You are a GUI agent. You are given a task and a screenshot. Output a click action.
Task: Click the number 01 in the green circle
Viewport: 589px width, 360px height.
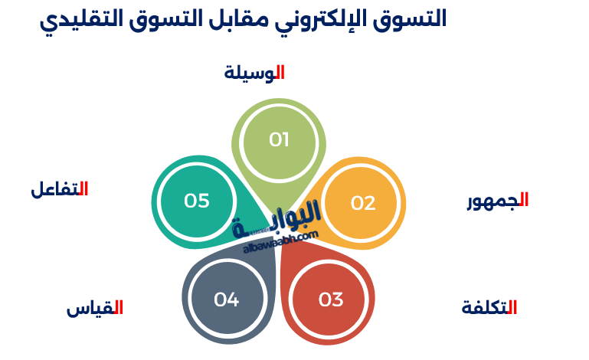[279, 140]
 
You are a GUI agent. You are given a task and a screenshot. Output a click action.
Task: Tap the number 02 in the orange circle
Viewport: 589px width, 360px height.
[363, 203]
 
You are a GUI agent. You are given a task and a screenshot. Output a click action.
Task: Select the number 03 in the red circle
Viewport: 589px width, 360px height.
[331, 299]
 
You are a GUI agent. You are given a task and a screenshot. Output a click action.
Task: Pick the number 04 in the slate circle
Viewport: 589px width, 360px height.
[226, 299]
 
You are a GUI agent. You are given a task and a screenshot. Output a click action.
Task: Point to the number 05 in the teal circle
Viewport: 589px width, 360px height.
[196, 201]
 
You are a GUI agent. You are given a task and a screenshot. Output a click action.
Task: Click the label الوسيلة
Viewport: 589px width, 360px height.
[254, 73]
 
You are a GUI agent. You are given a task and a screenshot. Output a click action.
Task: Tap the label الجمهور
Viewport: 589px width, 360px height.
[498, 200]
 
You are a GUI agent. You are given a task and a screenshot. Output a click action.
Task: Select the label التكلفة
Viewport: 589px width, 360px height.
[489, 307]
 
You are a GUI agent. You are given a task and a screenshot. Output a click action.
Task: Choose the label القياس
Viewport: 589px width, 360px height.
[95, 308]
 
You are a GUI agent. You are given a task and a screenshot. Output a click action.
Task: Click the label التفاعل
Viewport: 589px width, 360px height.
[59, 189]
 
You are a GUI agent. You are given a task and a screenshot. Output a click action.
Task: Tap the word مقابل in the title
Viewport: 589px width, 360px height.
[238, 19]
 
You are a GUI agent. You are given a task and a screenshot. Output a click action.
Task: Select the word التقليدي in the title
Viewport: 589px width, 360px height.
[81, 20]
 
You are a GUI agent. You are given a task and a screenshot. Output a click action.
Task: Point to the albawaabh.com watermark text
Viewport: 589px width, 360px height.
[280, 241]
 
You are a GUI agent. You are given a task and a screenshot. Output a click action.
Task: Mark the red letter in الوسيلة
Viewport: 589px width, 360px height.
[280, 72]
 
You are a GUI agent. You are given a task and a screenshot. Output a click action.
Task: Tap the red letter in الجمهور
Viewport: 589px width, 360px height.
[525, 199]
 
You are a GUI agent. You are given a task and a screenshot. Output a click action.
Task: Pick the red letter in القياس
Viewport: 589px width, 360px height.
[119, 306]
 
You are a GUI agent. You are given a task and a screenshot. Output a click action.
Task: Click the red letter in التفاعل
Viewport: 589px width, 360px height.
[83, 188]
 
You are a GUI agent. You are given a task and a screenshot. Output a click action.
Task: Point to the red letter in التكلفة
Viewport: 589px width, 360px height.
[512, 306]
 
